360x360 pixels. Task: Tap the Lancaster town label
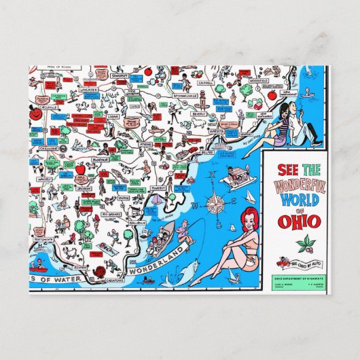click(x=88, y=89)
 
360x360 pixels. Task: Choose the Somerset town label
click(x=119, y=73)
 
